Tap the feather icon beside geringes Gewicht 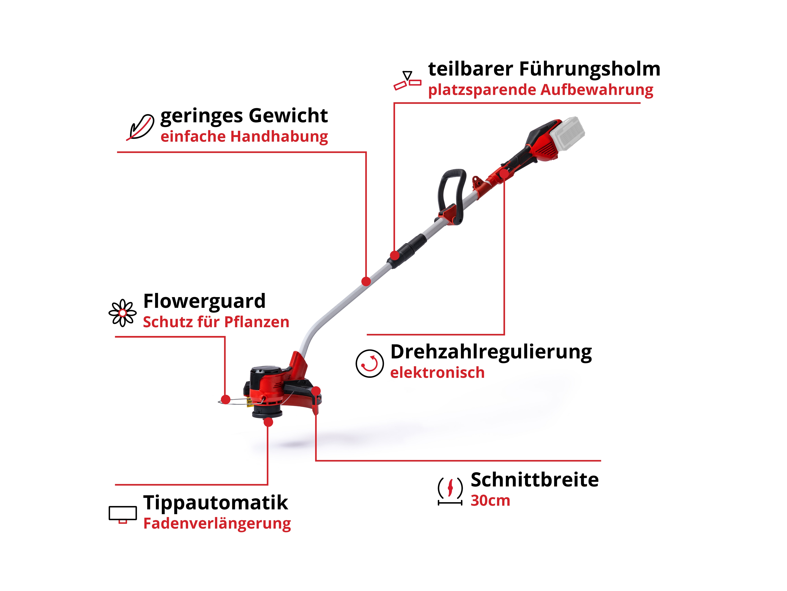tap(140, 127)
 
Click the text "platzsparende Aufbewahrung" tap(540, 90)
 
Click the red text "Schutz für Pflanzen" tap(216, 322)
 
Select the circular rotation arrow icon tap(370, 363)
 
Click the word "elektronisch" tap(437, 373)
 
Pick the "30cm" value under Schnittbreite tap(490, 501)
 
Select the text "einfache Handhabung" tap(244, 137)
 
